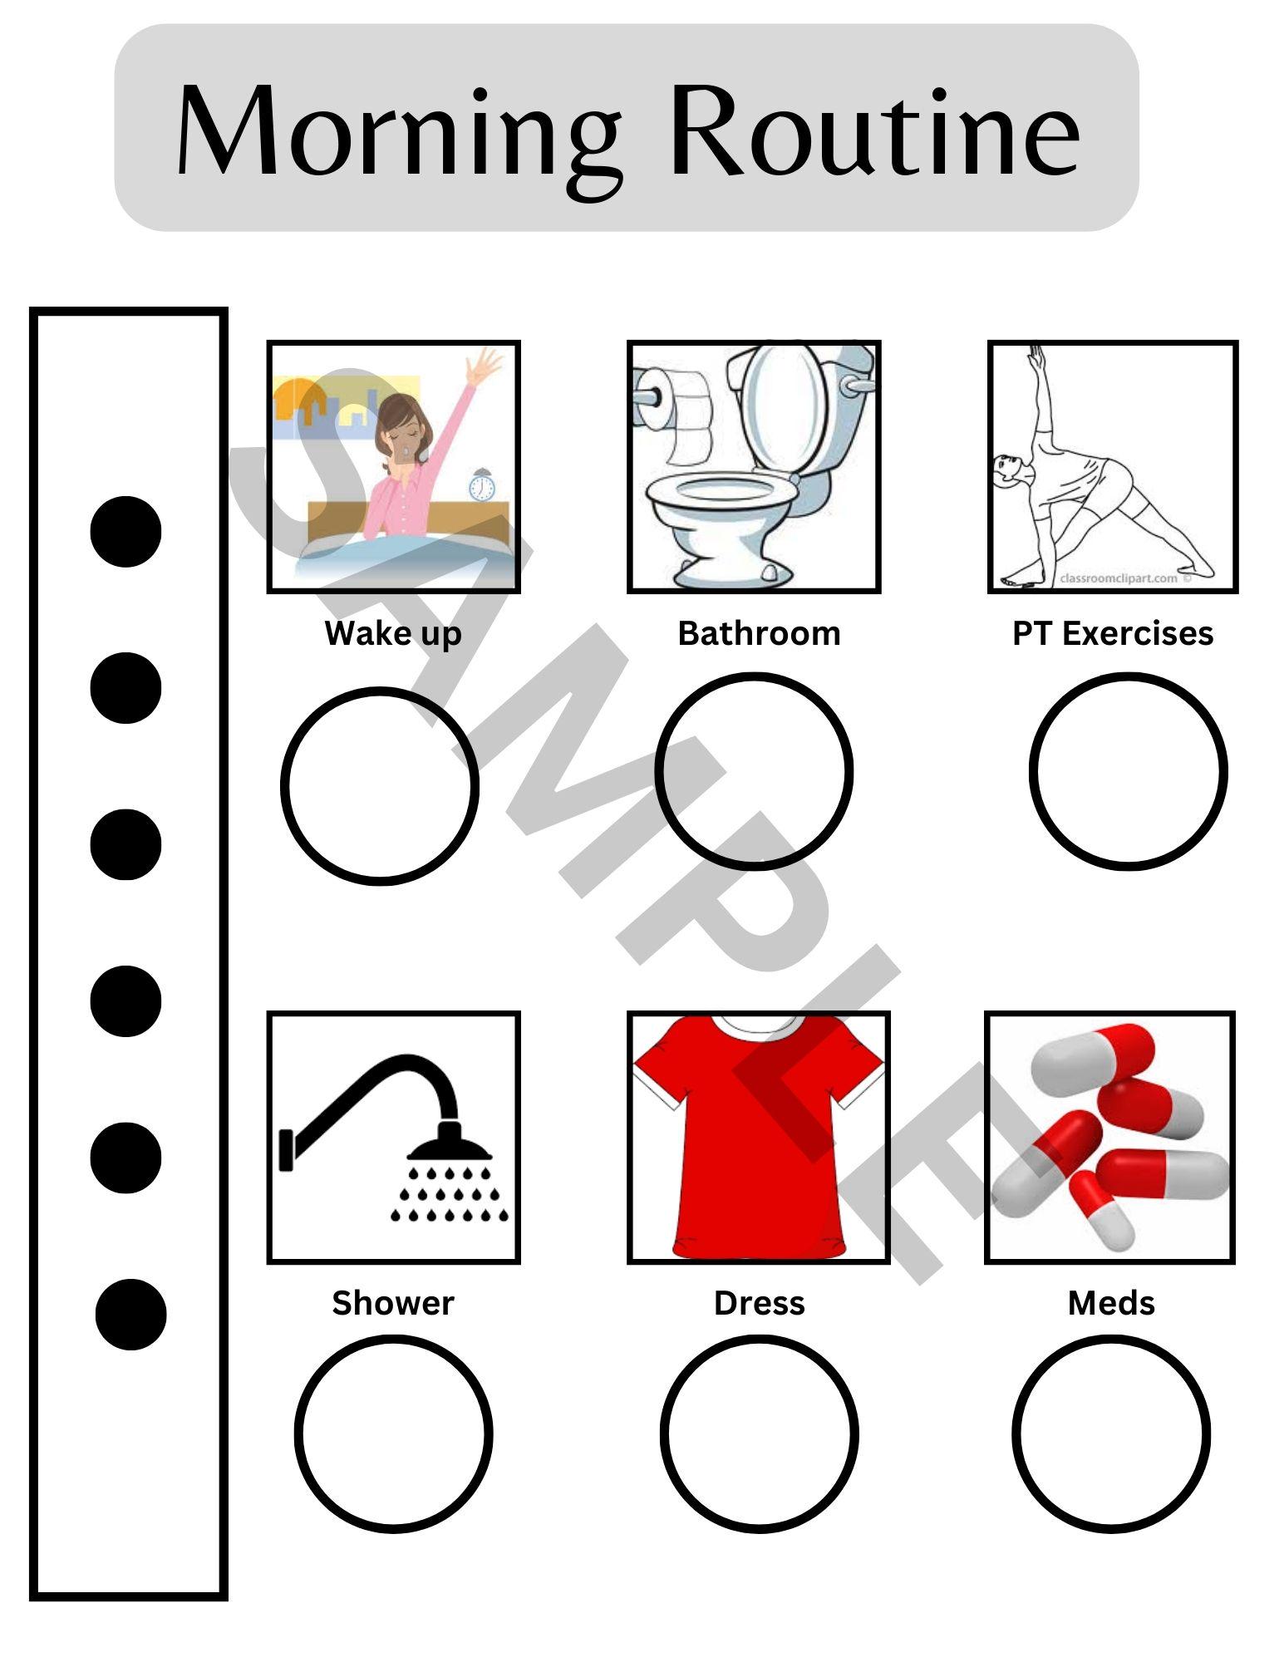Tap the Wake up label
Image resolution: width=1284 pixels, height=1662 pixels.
pos(392,633)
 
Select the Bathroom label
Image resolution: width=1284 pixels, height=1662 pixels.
pos(759,633)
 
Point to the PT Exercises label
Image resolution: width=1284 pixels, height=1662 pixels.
pos(1112,633)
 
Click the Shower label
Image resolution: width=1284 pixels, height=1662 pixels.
pos(392,1303)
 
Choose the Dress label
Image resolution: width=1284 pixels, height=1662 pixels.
pos(759,1303)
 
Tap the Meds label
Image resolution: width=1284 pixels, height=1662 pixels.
pos(1111,1303)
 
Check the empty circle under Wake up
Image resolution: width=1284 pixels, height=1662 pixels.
pos(380,785)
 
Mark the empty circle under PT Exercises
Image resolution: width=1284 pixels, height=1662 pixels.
pos(1128,771)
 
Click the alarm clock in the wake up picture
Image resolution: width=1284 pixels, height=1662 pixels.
pos(481,485)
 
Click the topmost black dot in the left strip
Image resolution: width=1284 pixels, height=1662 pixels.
pos(125,531)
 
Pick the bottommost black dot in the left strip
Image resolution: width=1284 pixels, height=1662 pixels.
pos(130,1314)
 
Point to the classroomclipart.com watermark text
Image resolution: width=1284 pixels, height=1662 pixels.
pos(1119,578)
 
